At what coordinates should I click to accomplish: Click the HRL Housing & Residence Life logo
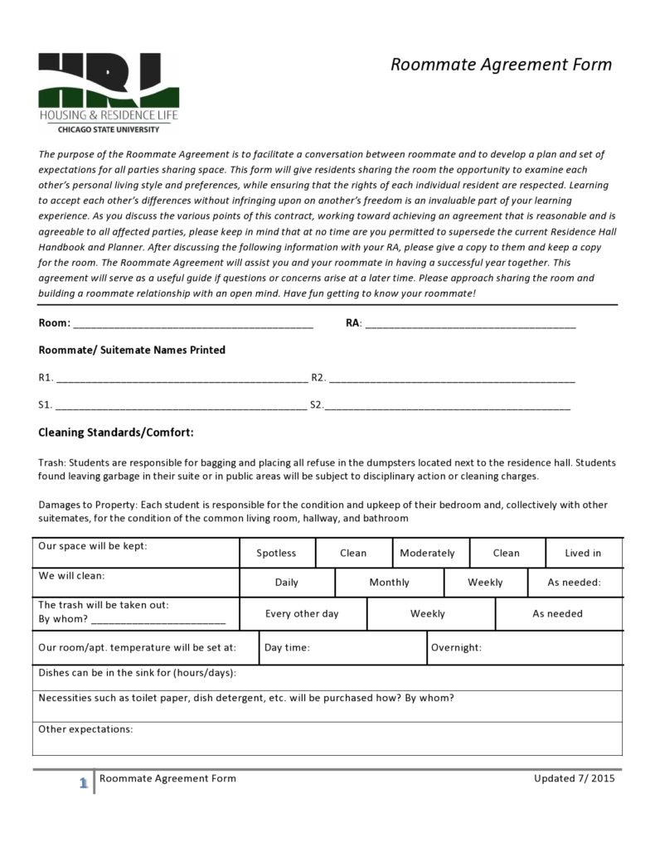point(108,92)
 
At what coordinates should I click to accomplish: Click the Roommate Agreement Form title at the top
point(501,65)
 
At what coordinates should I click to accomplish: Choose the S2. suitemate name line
point(448,407)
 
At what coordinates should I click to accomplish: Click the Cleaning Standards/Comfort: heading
point(116,433)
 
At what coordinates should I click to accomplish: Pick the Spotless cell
point(276,553)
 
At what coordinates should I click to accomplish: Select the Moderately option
point(427,553)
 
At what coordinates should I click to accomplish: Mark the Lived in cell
point(583,553)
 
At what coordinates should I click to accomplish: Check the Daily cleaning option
point(286,583)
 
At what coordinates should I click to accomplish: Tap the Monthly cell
point(389,583)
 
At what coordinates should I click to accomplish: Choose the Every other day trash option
point(302,614)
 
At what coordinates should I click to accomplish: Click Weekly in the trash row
point(428,614)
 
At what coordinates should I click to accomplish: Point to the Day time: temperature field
point(342,648)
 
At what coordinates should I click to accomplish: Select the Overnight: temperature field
point(525,648)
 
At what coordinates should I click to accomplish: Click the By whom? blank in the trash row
point(158,620)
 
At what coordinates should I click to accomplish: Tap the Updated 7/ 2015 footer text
point(575,778)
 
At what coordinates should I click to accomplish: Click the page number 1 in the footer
point(83,783)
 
